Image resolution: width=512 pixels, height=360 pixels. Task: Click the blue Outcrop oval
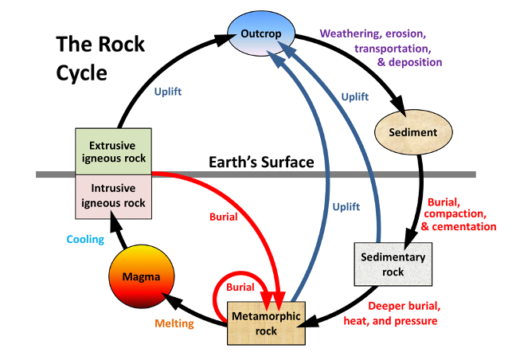[x=262, y=33]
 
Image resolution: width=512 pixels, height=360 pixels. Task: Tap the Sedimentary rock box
[x=393, y=264]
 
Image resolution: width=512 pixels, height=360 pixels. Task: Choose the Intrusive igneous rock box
[x=112, y=195]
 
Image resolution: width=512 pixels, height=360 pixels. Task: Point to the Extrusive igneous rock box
[x=112, y=151]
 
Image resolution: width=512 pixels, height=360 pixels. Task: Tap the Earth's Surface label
[x=261, y=162]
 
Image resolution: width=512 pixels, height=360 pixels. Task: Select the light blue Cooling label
[x=85, y=239]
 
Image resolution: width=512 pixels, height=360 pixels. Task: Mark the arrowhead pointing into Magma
[x=169, y=298]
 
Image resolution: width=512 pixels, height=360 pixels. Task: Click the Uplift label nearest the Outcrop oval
[x=355, y=96]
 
